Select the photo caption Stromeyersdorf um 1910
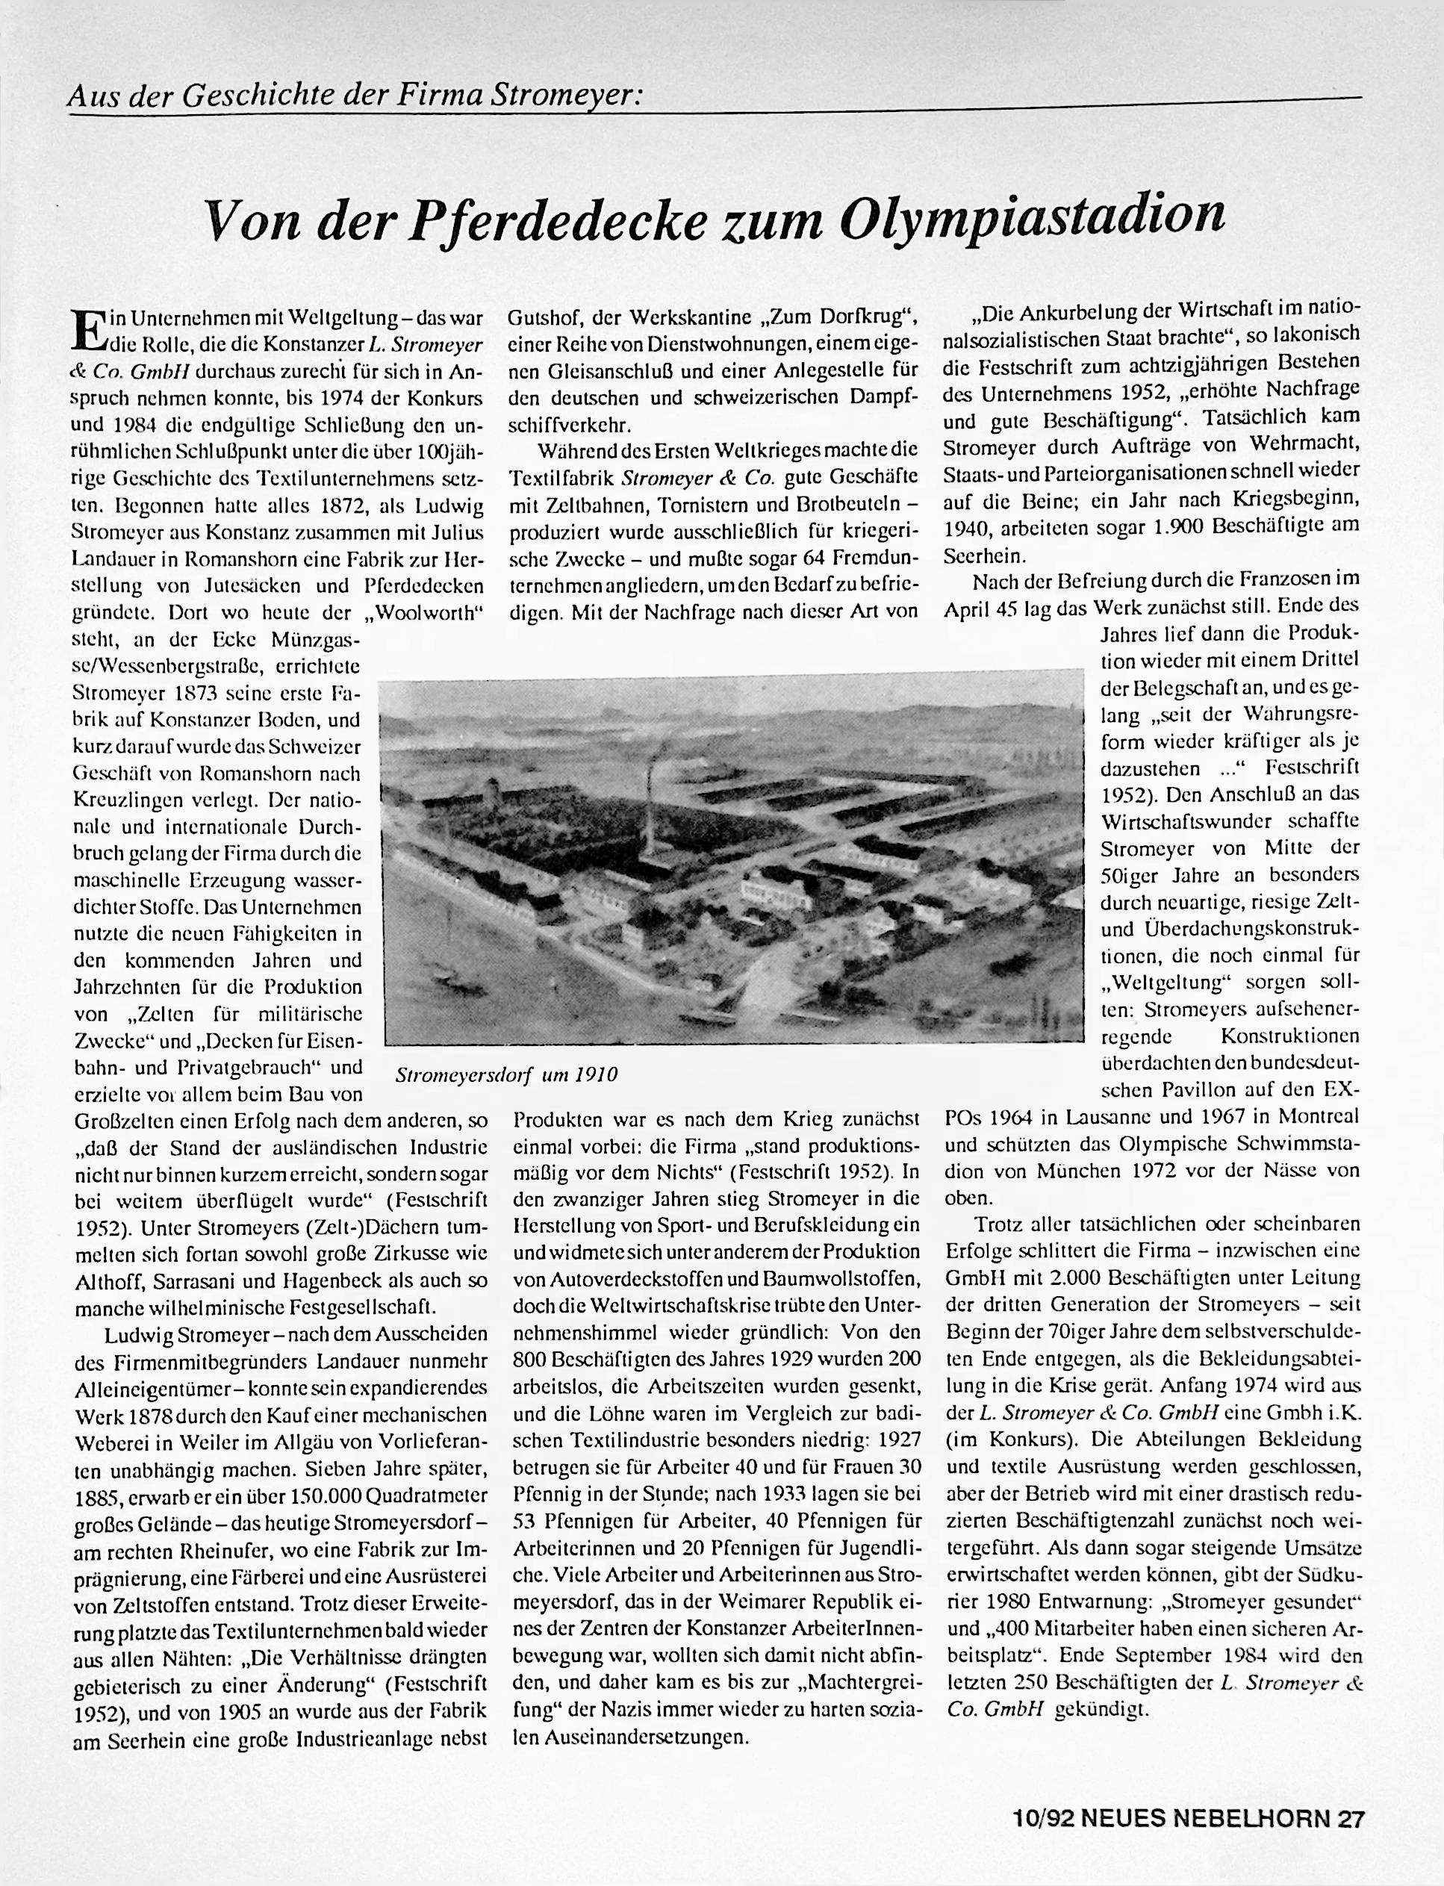pyautogui.click(x=506, y=1075)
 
